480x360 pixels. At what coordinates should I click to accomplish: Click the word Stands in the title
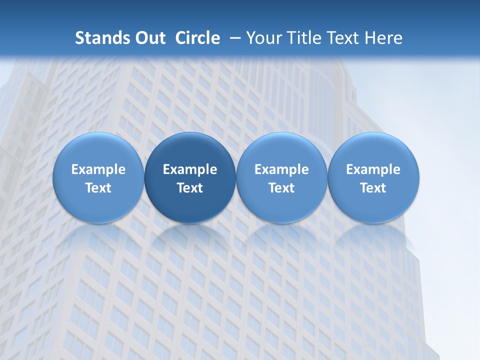pos(95,38)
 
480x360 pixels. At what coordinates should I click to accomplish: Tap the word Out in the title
pos(148,38)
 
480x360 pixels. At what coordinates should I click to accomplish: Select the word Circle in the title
pos(197,38)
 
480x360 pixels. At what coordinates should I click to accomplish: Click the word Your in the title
pos(263,38)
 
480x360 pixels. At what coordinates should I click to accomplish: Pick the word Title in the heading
pos(302,38)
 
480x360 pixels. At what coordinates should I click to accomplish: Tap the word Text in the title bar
pos(341,38)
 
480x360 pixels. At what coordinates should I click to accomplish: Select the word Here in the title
pos(383,38)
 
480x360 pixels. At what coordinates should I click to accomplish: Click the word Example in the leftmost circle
pos(98,169)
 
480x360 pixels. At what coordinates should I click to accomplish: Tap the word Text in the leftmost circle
pos(98,188)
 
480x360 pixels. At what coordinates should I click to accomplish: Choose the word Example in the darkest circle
pos(190,169)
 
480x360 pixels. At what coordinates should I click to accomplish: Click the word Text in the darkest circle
pos(190,188)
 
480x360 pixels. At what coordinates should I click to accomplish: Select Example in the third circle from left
pos(281,169)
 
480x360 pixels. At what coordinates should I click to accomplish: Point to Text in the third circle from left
pos(281,188)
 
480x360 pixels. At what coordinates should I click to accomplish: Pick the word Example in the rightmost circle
pos(373,169)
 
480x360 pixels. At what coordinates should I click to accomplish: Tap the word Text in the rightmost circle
pos(373,188)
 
